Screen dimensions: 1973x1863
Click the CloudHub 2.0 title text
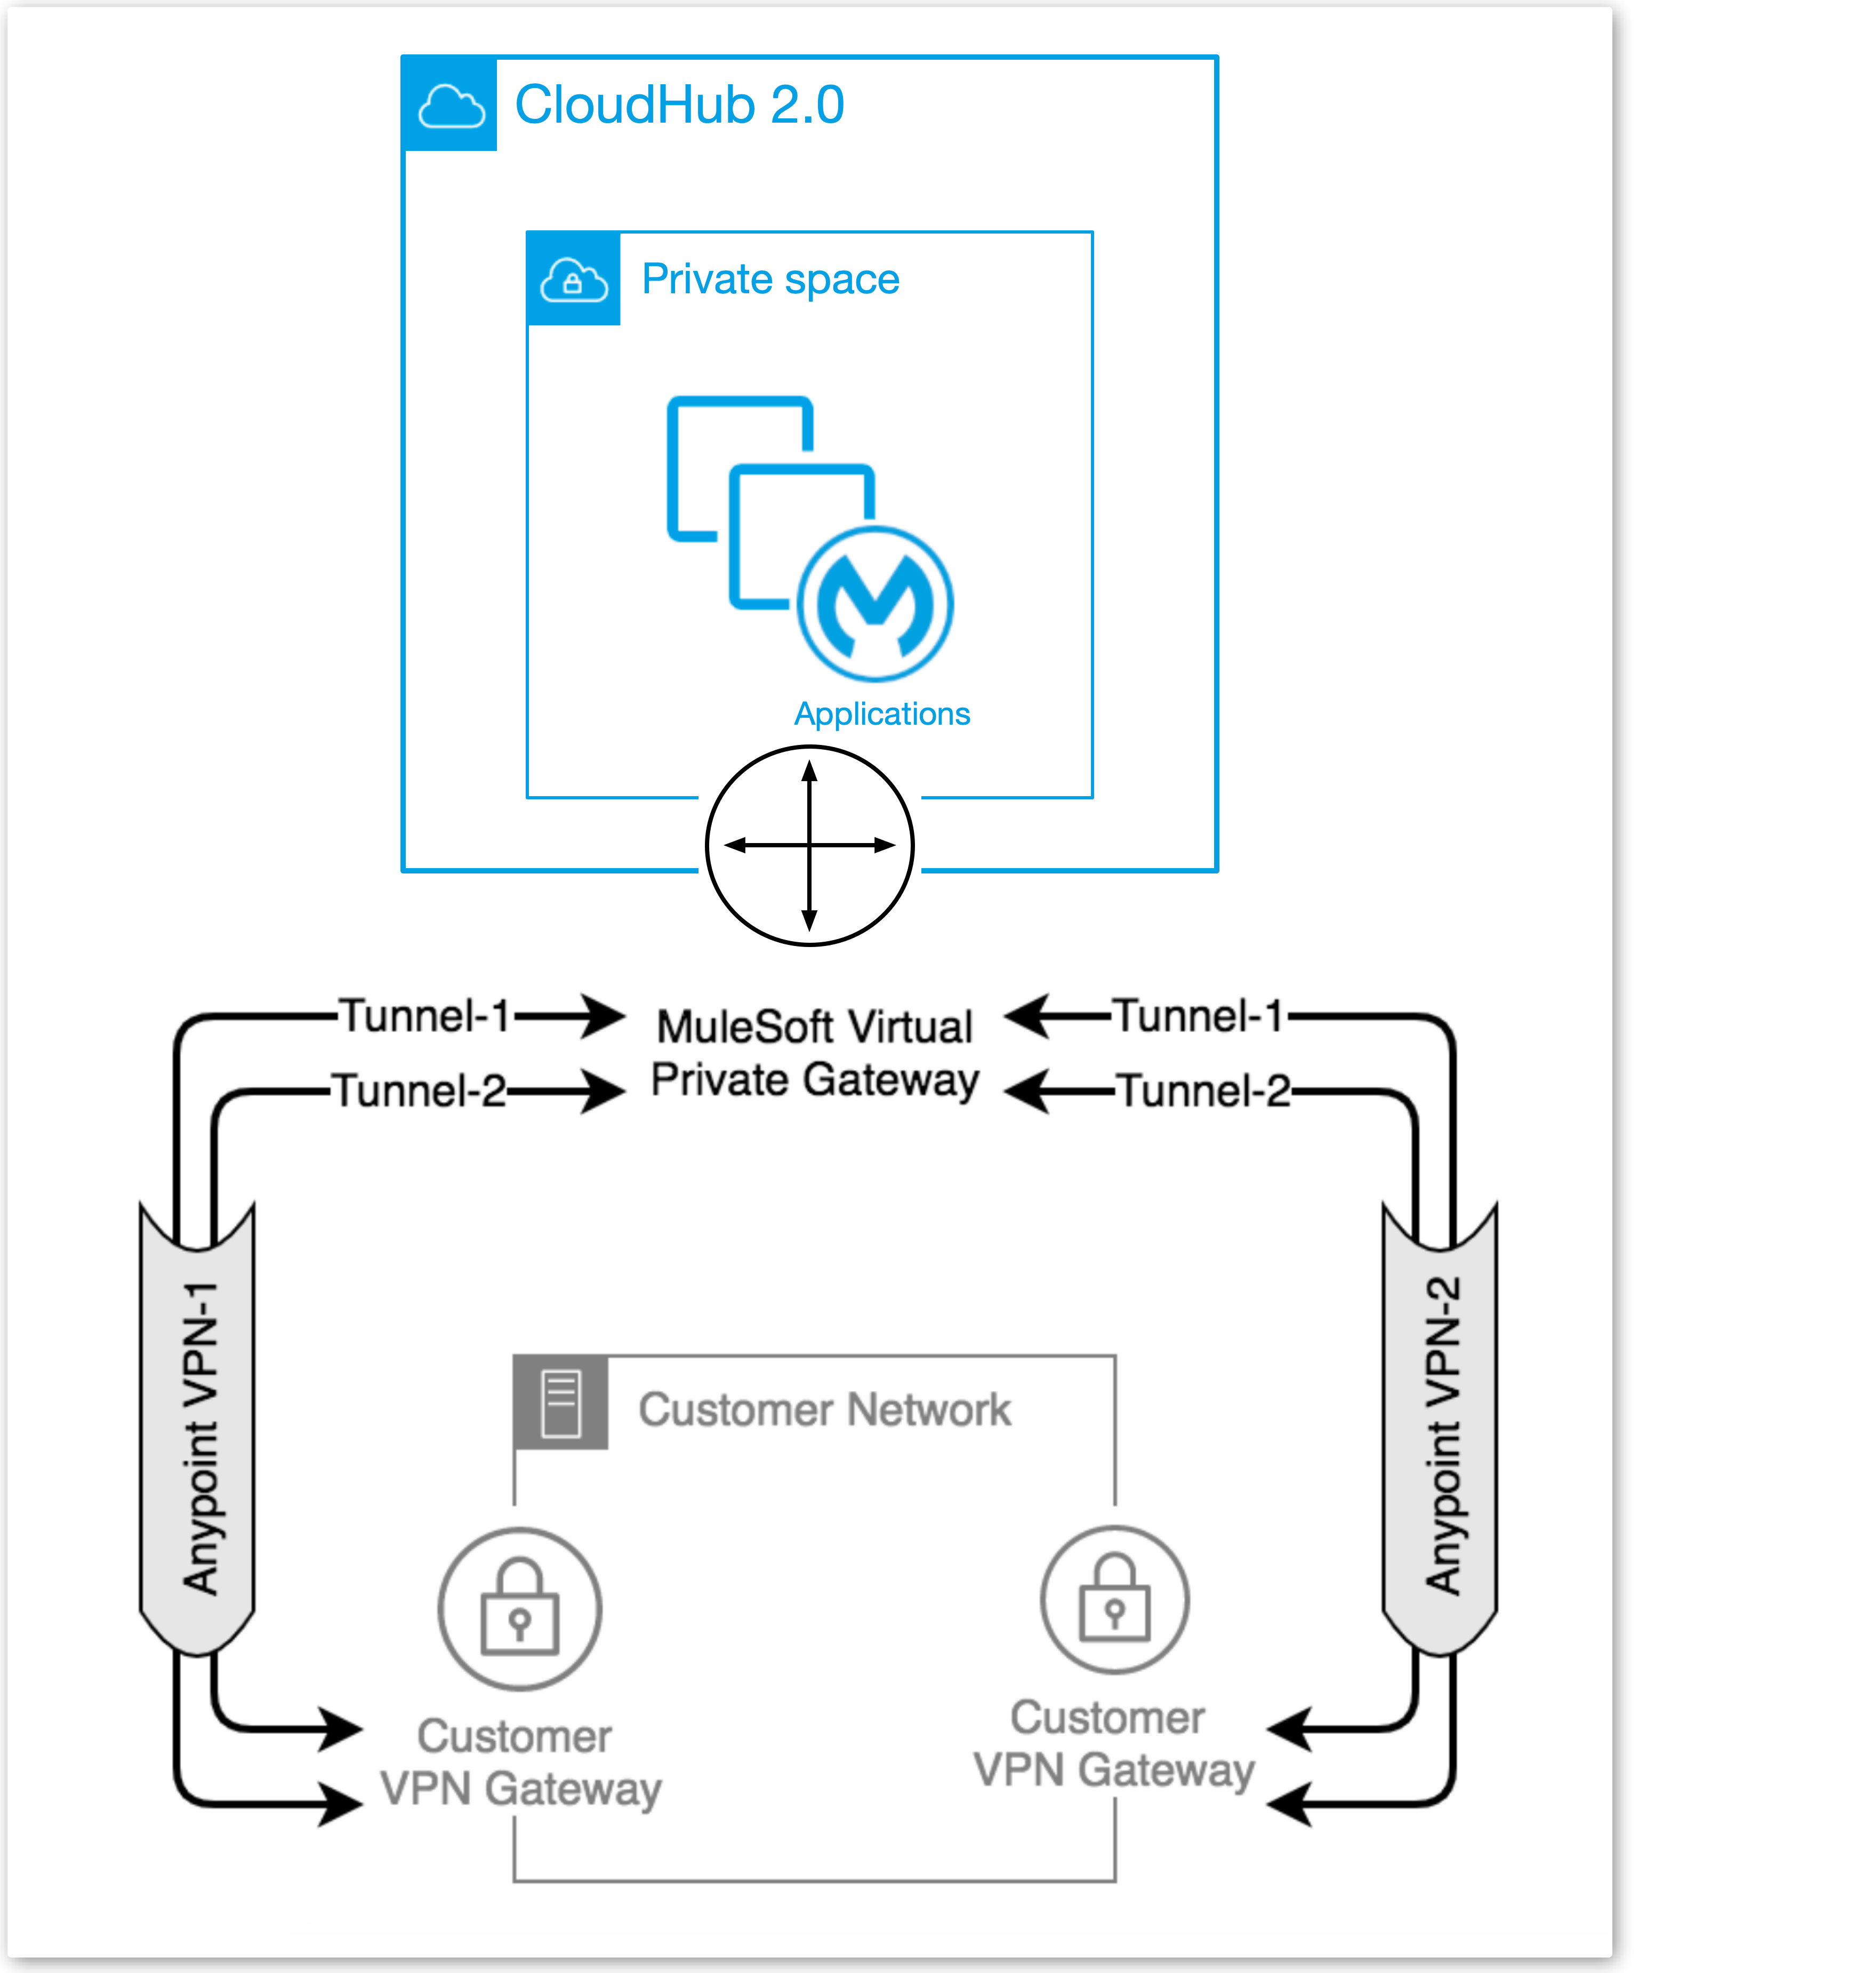[679, 105]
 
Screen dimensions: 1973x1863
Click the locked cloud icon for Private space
[573, 280]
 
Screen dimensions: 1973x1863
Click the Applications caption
[882, 714]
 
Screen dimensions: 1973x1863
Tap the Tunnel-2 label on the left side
[419, 1090]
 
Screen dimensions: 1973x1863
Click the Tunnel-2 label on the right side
[1203, 1090]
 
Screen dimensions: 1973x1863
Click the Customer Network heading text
[824, 1410]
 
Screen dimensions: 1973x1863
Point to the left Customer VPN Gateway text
[519, 1762]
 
